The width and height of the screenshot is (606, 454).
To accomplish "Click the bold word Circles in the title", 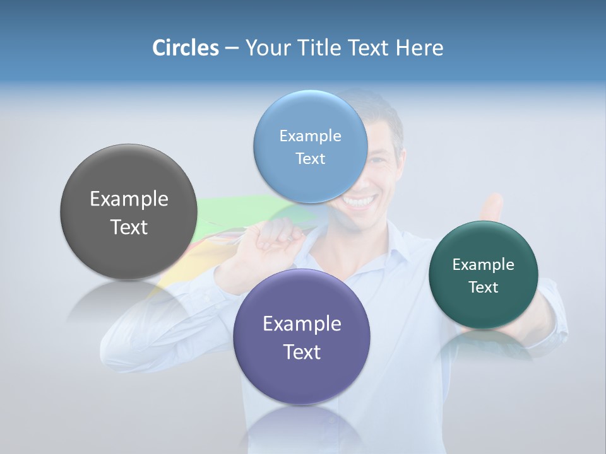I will tap(186, 47).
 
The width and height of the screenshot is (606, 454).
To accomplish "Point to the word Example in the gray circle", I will tap(129, 199).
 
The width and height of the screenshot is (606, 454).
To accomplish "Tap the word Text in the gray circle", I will tap(129, 227).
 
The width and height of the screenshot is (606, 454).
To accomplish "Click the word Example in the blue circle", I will tap(311, 136).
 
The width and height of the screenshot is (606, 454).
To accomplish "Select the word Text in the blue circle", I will tap(311, 159).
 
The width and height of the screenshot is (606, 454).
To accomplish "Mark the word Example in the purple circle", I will tap(302, 324).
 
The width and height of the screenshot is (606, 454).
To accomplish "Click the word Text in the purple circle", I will tap(302, 352).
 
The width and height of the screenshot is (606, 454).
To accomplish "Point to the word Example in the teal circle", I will tap(484, 265).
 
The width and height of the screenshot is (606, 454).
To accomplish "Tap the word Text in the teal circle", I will tap(484, 288).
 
